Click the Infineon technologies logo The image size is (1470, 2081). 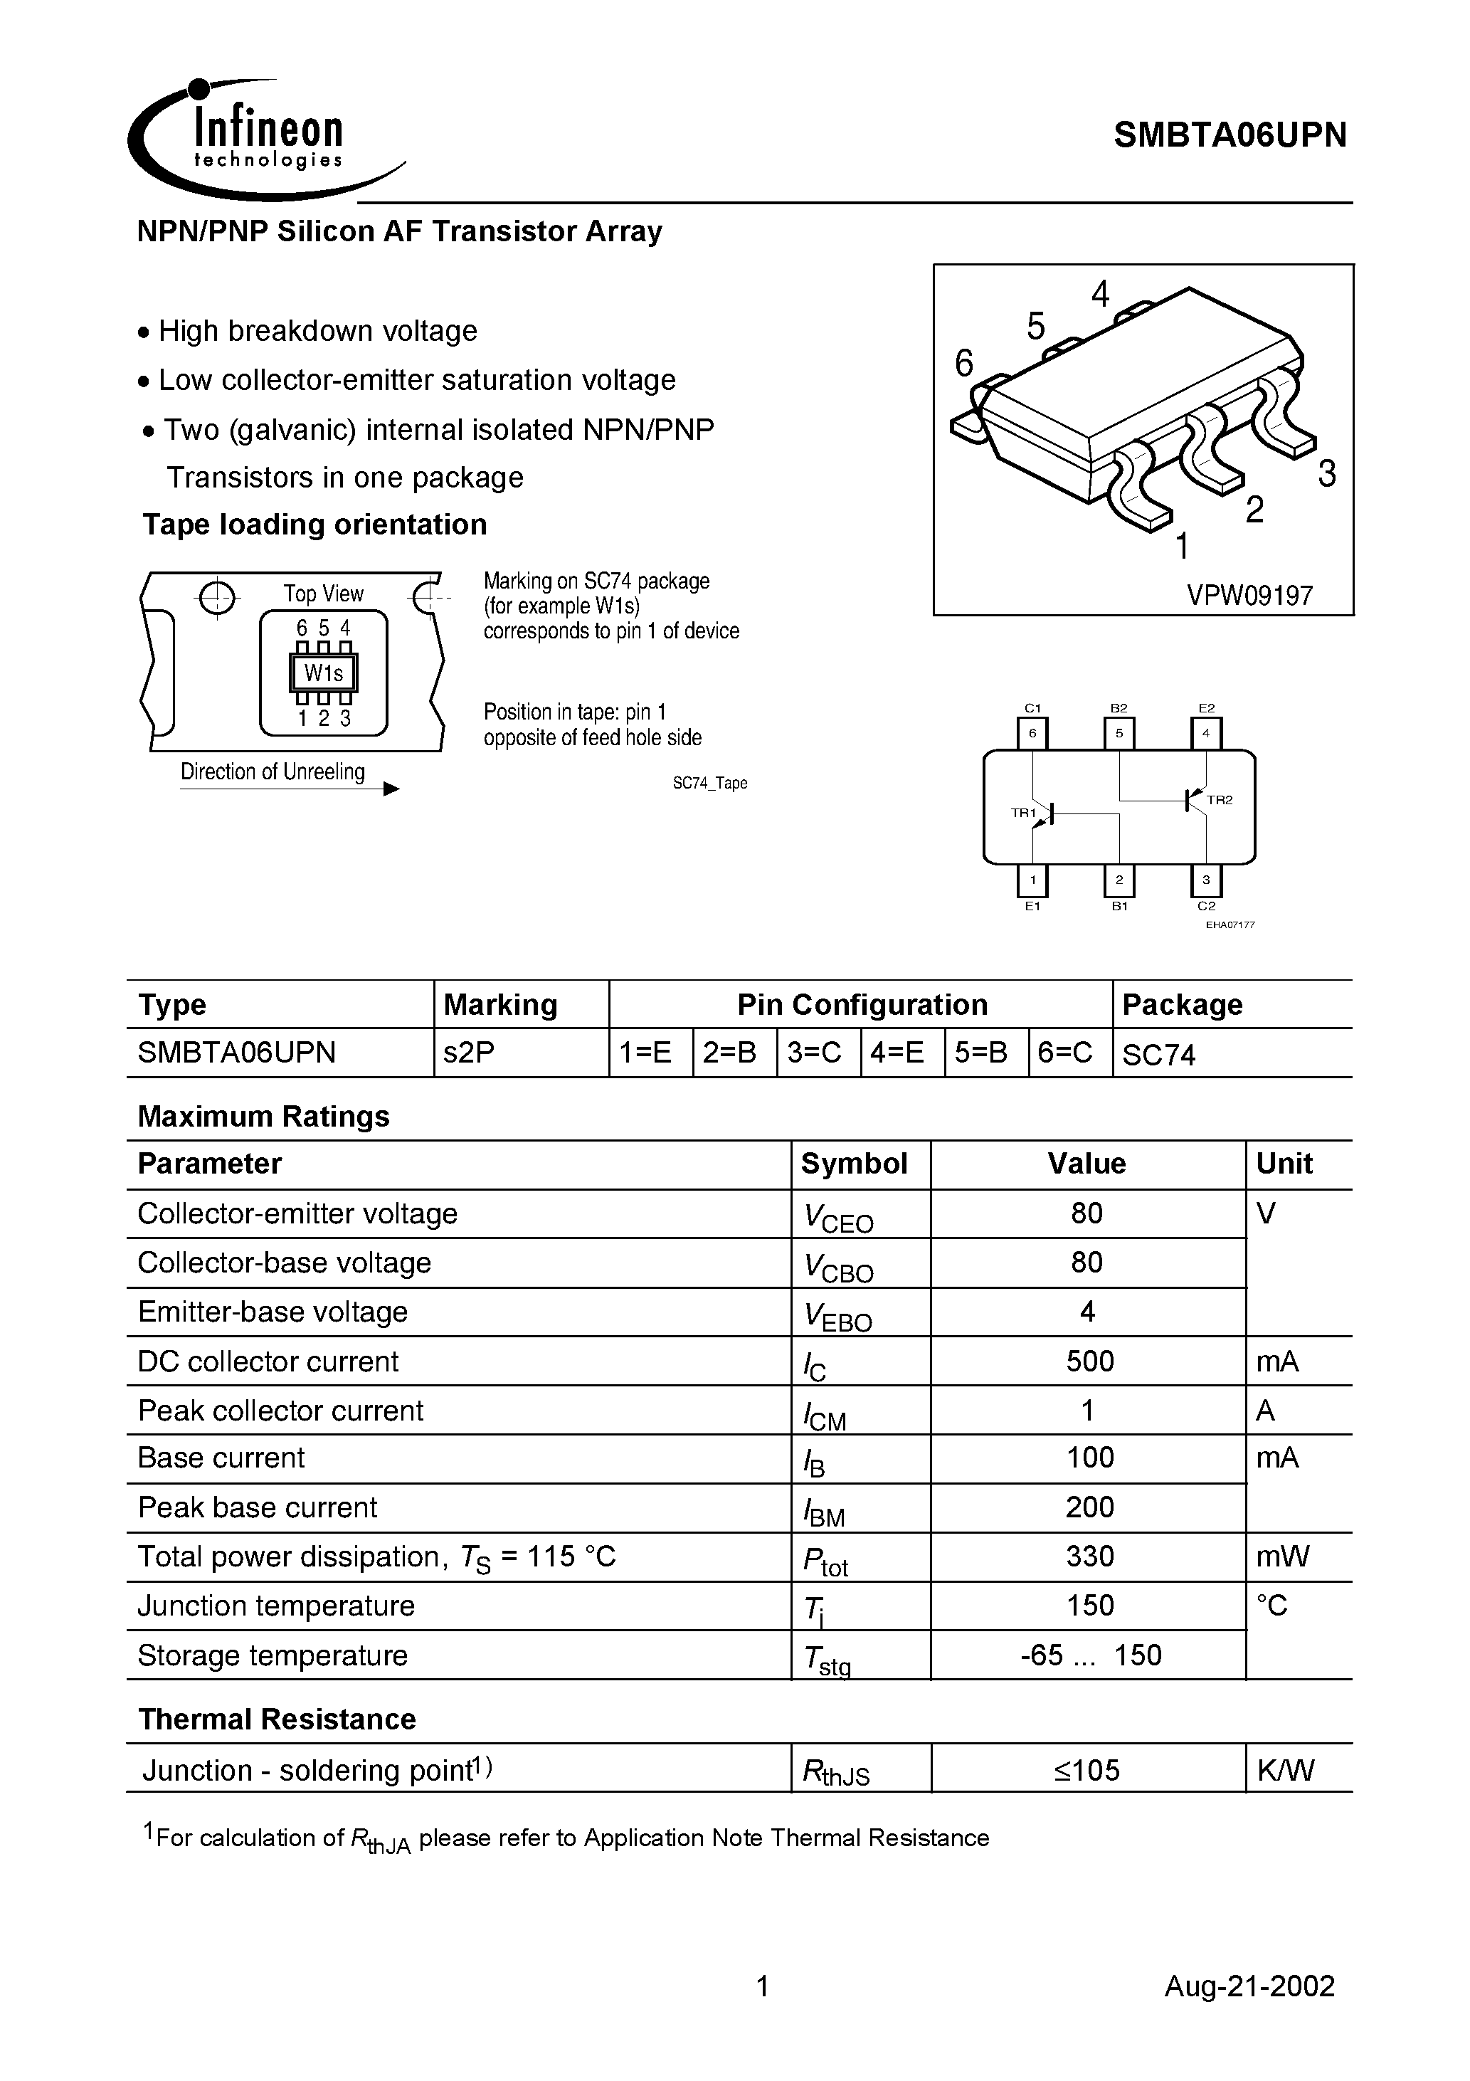click(263, 140)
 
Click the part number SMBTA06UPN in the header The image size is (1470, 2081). click(1230, 136)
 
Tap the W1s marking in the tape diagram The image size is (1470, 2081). click(324, 673)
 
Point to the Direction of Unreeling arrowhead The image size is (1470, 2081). click(391, 789)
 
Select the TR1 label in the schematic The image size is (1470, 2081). click(1022, 813)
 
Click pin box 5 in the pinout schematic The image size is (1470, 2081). click(1119, 733)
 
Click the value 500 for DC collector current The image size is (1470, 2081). click(1089, 1361)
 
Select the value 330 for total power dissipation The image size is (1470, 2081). click(1089, 1556)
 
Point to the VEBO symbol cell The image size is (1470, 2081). click(837, 1315)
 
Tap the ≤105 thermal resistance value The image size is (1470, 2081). click(1086, 1770)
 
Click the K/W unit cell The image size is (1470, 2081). click(1284, 1770)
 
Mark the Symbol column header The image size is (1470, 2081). click(854, 1164)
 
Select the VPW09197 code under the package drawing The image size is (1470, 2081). click(1249, 596)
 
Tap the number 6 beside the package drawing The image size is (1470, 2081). click(964, 364)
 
